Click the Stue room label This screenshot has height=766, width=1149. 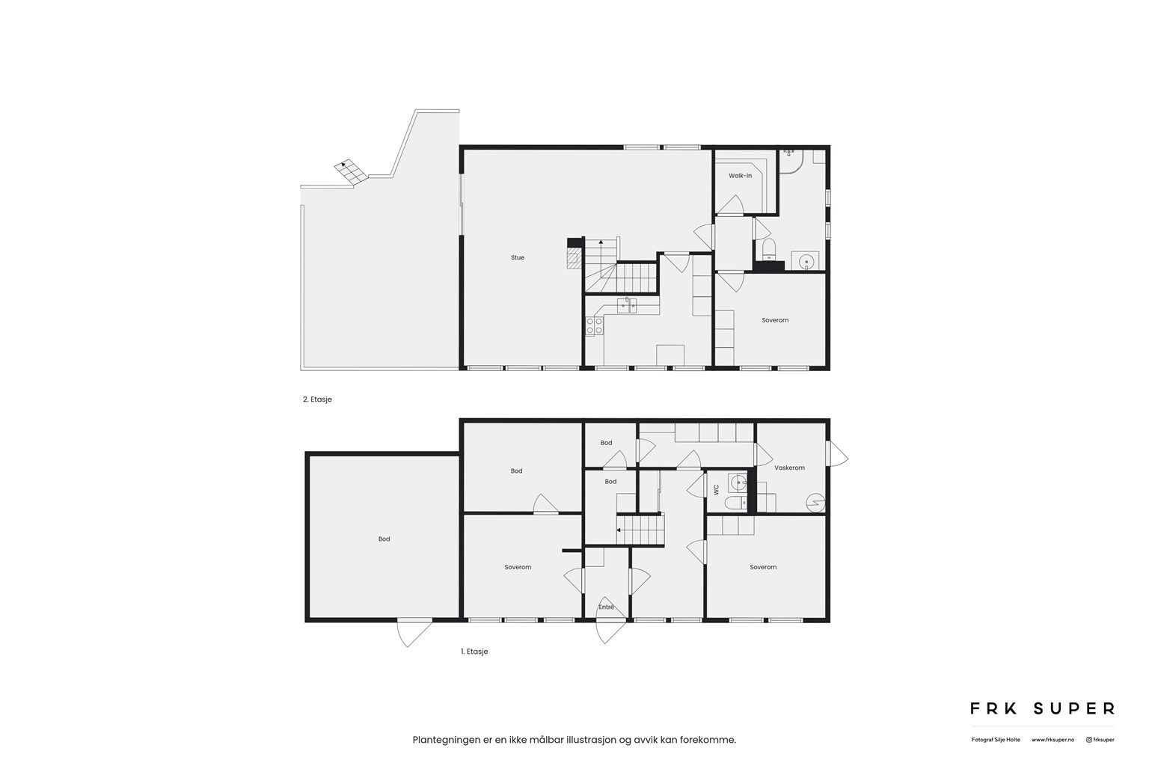coord(517,257)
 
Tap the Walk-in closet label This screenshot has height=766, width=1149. coord(740,176)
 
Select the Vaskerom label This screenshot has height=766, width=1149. coord(789,468)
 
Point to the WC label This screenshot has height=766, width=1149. coord(717,490)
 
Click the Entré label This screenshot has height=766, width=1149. coord(607,607)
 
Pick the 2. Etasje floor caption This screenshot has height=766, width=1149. coord(317,399)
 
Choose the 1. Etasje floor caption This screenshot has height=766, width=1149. coord(474,652)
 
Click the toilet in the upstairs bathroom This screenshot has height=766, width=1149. coord(769,250)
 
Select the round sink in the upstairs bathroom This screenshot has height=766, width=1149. coord(806,261)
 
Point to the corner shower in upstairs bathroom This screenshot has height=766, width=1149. coord(791,161)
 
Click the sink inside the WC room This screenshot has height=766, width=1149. coord(738,482)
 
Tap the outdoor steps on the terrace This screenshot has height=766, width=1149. coord(352,171)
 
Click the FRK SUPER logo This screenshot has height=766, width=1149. coord(1042,708)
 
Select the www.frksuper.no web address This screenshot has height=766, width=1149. coord(1053,740)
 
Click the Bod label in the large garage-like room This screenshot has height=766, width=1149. coord(384,539)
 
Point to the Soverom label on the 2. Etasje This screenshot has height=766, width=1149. coord(775,320)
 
